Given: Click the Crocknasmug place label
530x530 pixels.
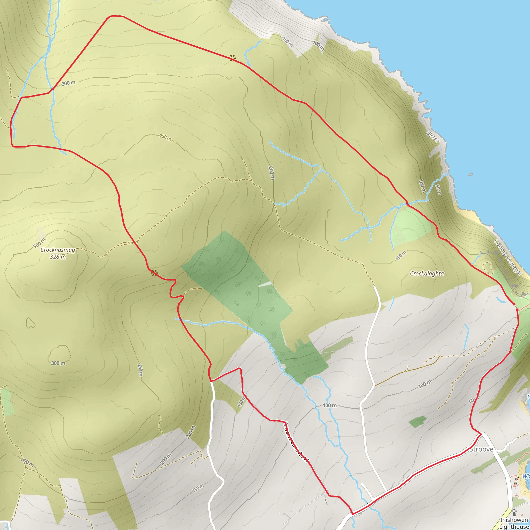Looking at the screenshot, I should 58,250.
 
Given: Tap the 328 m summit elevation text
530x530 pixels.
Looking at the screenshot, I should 58,257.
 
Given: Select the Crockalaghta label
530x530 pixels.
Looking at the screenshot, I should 427,274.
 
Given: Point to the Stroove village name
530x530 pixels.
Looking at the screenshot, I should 481,449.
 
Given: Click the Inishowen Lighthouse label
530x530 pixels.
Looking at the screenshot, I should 514,523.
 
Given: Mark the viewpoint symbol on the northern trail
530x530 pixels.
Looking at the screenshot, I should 233,58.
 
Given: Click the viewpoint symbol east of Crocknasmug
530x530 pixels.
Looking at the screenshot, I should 154,273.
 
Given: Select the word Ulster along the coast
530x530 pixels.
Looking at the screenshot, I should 433,137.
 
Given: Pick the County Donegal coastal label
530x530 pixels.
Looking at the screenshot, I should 508,257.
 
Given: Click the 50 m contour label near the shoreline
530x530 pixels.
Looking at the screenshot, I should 438,189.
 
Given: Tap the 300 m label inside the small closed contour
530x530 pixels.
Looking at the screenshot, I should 58,363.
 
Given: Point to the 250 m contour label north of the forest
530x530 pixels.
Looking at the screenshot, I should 165,137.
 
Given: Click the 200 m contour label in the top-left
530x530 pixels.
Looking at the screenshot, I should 68,83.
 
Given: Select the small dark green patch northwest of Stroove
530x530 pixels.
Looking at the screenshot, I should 417,421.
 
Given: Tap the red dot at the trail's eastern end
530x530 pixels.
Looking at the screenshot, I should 514,304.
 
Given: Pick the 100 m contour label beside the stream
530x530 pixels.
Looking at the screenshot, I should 330,405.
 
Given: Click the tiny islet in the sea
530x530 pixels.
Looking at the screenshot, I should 471,174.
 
